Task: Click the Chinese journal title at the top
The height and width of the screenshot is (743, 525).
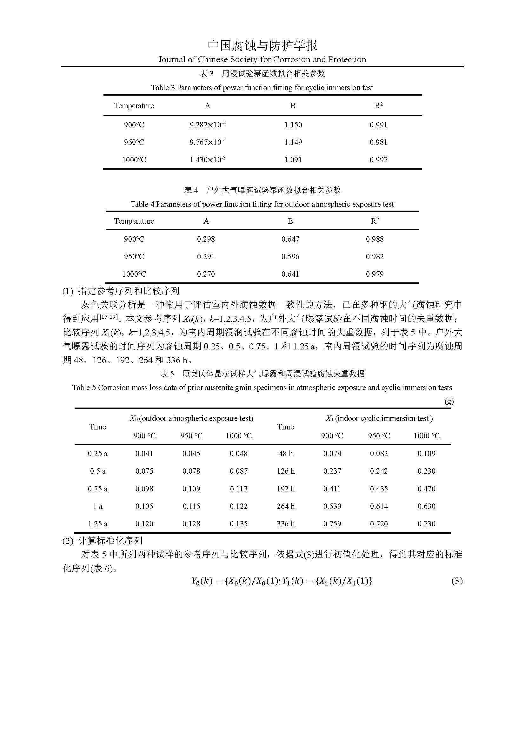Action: click(x=262, y=46)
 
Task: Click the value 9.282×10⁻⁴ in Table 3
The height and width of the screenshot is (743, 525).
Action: click(x=208, y=125)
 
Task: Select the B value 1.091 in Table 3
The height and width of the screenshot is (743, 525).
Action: click(x=293, y=160)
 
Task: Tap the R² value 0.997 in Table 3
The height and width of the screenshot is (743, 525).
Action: click(x=378, y=160)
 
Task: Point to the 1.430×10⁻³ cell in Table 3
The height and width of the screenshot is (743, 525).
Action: click(x=208, y=160)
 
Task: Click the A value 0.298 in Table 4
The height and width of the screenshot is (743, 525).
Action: click(x=206, y=240)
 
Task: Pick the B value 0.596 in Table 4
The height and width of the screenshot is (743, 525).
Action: click(x=290, y=257)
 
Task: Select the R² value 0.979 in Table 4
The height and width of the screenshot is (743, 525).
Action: click(x=375, y=274)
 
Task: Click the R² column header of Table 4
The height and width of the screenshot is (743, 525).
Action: click(x=375, y=221)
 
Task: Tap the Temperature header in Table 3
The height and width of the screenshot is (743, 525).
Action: click(x=134, y=106)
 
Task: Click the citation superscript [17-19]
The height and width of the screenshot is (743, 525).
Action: click(x=108, y=317)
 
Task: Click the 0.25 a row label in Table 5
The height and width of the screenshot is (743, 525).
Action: click(x=98, y=454)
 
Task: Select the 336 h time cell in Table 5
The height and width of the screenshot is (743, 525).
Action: click(x=285, y=524)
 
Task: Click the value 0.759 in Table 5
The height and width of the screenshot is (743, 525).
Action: click(x=332, y=524)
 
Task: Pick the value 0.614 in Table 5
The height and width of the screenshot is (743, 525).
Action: click(x=379, y=506)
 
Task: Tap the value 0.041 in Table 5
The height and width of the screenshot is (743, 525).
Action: click(x=144, y=454)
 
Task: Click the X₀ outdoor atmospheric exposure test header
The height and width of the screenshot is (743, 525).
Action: click(x=191, y=418)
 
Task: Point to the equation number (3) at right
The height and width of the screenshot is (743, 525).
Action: click(x=457, y=581)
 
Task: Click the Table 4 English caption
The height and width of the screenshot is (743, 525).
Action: click(x=262, y=205)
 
